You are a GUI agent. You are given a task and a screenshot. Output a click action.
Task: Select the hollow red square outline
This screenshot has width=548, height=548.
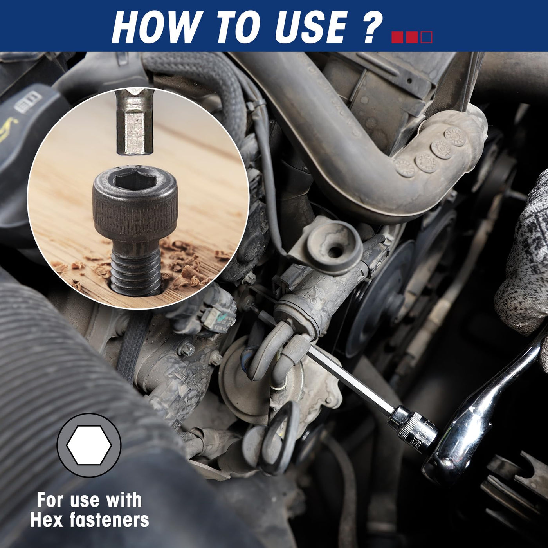[x=426, y=37]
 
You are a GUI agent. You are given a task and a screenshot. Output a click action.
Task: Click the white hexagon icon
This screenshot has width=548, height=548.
[x=89, y=445]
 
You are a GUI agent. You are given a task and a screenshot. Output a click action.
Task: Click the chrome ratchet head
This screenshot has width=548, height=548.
[x=461, y=461]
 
